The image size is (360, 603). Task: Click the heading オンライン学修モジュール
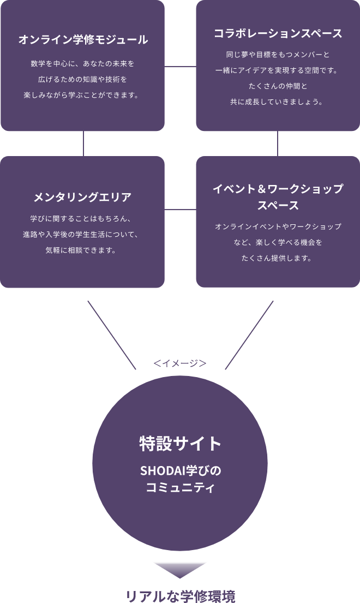(x=83, y=40)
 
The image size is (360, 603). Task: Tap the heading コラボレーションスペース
(x=278, y=33)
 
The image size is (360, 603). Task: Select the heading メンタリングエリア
(x=83, y=197)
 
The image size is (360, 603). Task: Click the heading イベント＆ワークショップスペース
(x=278, y=197)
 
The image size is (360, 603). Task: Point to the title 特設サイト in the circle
(x=180, y=443)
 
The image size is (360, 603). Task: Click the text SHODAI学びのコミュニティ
(x=180, y=479)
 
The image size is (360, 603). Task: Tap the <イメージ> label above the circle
(x=180, y=363)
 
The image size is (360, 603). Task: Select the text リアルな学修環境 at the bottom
(x=180, y=595)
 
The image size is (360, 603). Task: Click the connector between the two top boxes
(x=180, y=67)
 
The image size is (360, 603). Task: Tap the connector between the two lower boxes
(x=180, y=209)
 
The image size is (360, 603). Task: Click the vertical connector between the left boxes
(x=83, y=144)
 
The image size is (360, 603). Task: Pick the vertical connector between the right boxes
(x=278, y=144)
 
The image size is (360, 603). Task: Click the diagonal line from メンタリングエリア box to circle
(x=112, y=335)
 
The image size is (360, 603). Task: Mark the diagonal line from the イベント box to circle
(x=249, y=335)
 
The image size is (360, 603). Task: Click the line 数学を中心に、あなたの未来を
(x=83, y=64)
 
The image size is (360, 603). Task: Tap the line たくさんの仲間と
(x=278, y=86)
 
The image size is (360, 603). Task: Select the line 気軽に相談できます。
(x=83, y=250)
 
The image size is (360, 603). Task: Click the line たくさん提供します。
(x=278, y=258)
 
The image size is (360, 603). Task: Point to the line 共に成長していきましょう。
(x=278, y=102)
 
